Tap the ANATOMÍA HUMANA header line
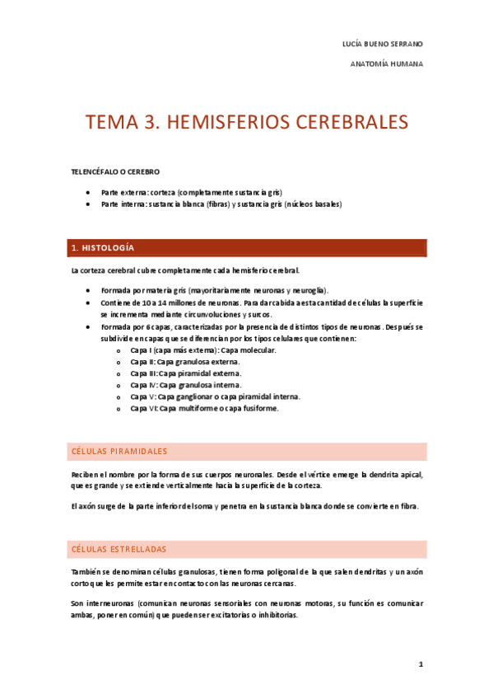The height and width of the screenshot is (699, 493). pos(387,63)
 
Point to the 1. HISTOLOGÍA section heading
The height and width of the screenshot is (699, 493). pos(103,247)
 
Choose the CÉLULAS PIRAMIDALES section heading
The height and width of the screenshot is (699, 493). pos(119,452)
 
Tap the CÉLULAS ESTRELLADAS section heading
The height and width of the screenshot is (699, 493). pos(119,549)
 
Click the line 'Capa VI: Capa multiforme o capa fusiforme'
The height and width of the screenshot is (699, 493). pos(204,408)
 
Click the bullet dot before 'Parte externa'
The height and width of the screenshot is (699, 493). pos(88,191)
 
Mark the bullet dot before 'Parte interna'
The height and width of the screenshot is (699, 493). pos(88,203)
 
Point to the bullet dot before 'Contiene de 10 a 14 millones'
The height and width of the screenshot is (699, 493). pos(88,303)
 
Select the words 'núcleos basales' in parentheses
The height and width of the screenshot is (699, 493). pos(314,203)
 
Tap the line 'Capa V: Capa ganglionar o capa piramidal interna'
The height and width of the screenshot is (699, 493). pos(215,396)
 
